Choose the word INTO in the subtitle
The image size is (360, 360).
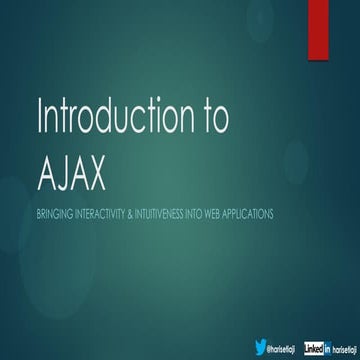coord(219,214)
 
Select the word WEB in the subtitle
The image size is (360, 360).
coord(239,214)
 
